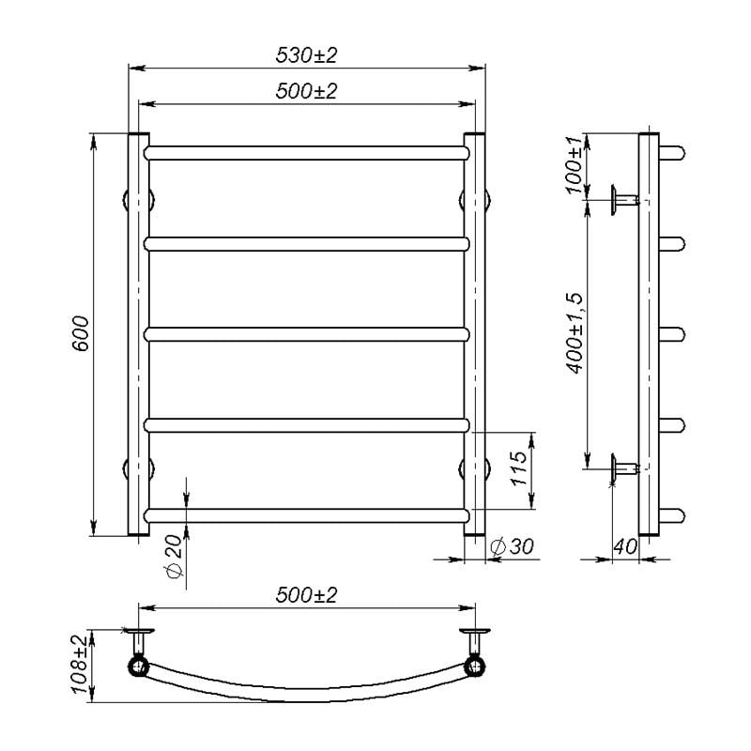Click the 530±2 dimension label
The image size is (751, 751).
tap(307, 55)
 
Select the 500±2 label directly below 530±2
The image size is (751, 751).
tap(307, 91)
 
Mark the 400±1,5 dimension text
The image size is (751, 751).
tap(575, 331)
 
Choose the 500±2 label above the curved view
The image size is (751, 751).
tap(307, 595)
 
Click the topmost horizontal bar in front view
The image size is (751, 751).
tap(306, 152)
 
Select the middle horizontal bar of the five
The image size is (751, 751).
tap(306, 332)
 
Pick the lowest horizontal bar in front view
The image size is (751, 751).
tap(306, 514)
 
